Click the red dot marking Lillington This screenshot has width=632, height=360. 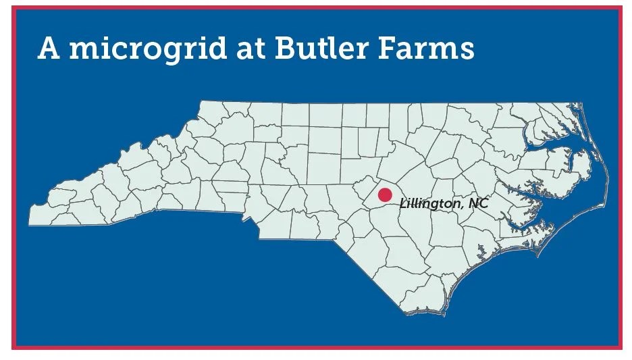coord(385,195)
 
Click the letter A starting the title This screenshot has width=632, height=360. coord(49,49)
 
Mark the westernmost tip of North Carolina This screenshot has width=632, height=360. coord(29,224)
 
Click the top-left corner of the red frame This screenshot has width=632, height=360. coord(14,7)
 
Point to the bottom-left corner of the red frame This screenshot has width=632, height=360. coord(14,348)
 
